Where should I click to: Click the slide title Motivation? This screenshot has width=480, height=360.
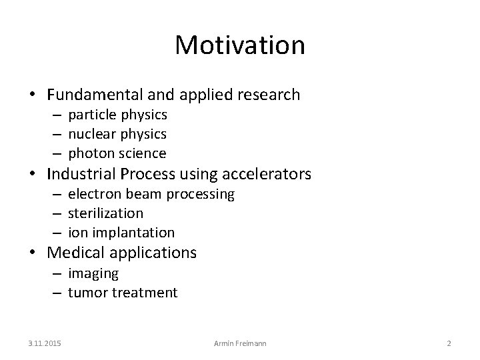240,45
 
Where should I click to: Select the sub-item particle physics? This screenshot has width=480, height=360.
117,115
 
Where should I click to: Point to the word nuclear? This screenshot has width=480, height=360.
91,134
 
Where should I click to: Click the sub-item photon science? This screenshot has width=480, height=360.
117,153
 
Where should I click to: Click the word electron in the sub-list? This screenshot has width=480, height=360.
93,194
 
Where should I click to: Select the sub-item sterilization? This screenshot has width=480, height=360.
105,213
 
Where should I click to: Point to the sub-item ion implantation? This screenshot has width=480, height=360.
121,233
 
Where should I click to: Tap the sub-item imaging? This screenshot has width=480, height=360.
93,273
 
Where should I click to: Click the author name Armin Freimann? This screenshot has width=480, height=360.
240,343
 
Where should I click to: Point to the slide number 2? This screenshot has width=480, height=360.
449,343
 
